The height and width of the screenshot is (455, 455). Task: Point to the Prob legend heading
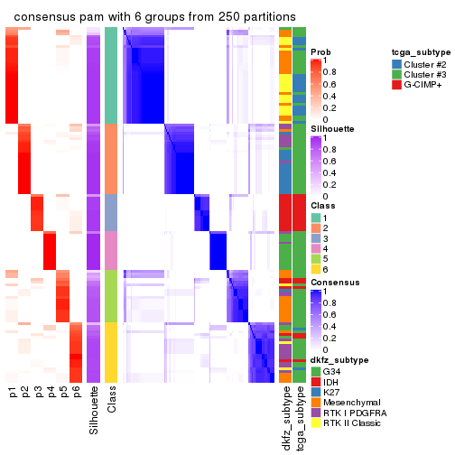pos(320,52)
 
